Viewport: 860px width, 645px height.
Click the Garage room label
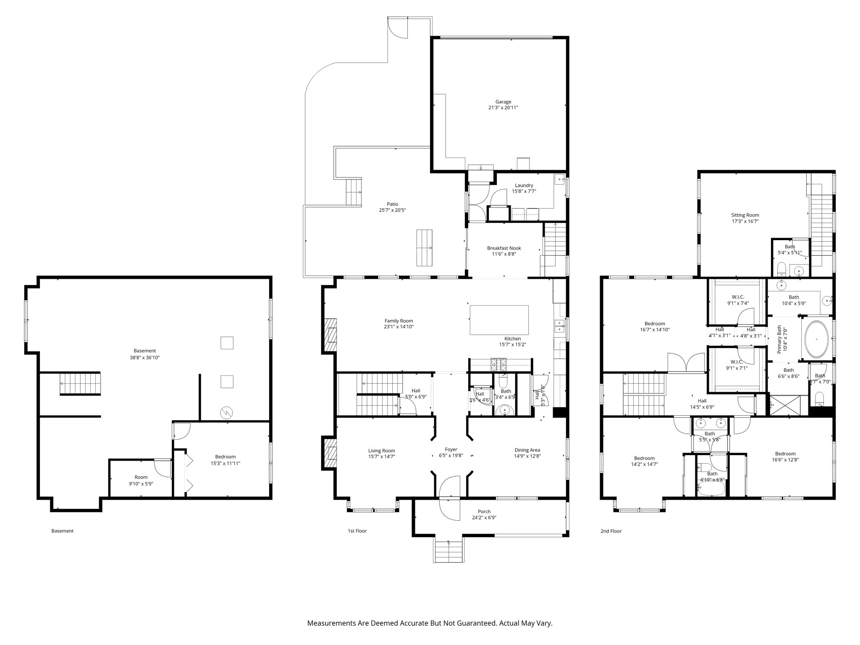[x=503, y=102]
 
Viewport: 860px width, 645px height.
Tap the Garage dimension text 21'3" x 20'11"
[x=503, y=108]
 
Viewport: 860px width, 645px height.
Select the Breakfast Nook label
[x=504, y=248]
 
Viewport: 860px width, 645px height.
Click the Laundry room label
[x=524, y=185]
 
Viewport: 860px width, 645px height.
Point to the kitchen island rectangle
[x=499, y=320]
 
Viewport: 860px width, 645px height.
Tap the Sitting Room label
[x=745, y=215]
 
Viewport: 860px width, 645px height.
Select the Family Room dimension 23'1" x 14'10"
[x=399, y=327]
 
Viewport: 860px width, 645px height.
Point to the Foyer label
[x=451, y=449]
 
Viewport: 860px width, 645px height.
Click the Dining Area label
[x=527, y=450]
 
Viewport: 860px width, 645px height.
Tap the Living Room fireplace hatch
[x=330, y=454]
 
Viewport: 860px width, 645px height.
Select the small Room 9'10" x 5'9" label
[x=141, y=477]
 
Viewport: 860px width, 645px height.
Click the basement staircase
[x=81, y=384]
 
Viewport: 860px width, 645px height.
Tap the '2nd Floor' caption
[x=611, y=531]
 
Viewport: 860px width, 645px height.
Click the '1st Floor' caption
[x=357, y=531]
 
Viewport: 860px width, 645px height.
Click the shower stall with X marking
[x=787, y=405]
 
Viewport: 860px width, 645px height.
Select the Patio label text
[x=393, y=204]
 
